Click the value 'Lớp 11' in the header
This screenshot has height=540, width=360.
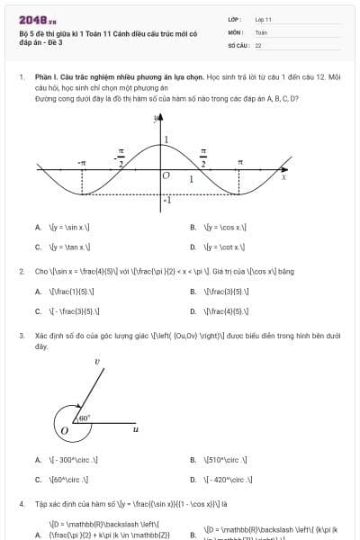coord(263,19)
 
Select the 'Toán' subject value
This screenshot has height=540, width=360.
coord(261,31)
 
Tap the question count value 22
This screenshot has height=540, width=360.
coord(258,44)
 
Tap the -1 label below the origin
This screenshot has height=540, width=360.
coord(166,199)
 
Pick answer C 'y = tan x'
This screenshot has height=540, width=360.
coord(69,247)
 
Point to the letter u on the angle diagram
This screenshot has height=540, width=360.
coord(135,429)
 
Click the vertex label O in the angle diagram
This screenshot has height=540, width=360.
coord(64,431)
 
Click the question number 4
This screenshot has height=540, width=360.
coord(22,504)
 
